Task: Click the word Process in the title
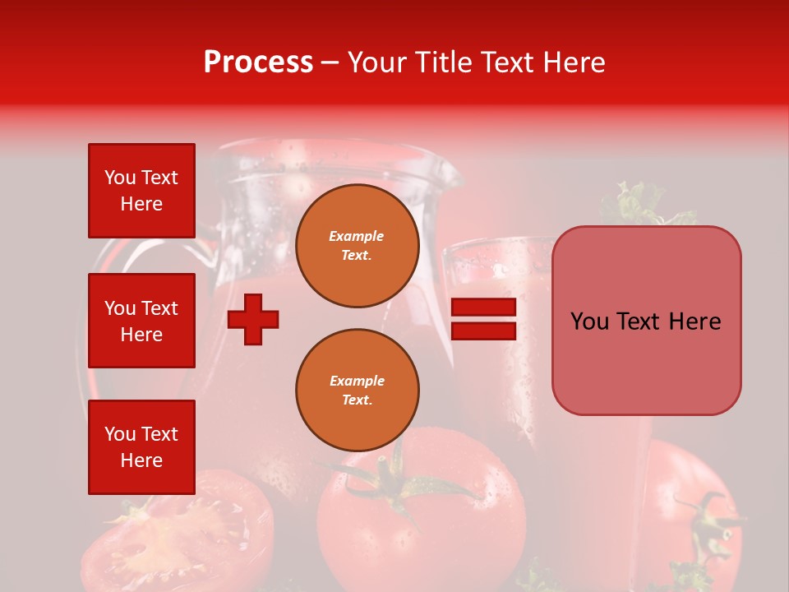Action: [x=258, y=62]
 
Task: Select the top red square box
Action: [x=141, y=191]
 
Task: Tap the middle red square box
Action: [x=141, y=321]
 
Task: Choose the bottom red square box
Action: [x=141, y=446]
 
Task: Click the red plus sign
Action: [x=253, y=318]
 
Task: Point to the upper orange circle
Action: [x=357, y=246]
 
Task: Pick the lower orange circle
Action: [x=357, y=390]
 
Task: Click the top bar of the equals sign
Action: [x=484, y=308]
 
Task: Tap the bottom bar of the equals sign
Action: [x=484, y=331]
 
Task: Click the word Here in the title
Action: [x=575, y=62]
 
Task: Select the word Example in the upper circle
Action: [x=357, y=236]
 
